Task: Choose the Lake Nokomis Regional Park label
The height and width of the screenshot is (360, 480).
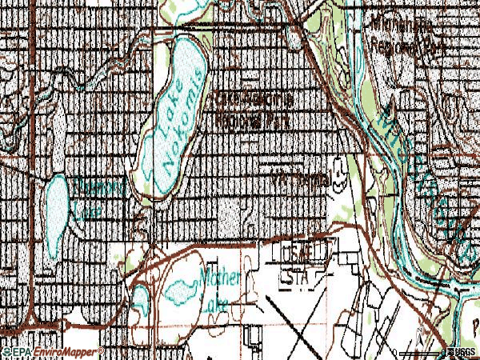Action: click(251, 110)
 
